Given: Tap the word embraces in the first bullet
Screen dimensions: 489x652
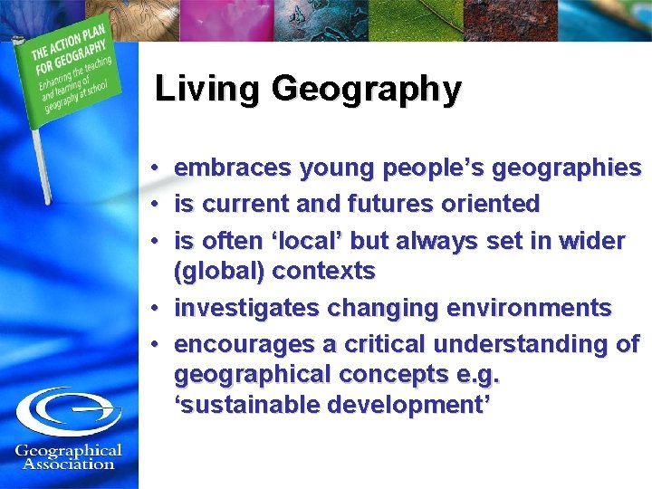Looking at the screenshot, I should pos(229,168).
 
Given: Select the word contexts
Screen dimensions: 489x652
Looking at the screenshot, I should pos(323,272).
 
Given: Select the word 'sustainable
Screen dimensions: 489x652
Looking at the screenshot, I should pos(247,405).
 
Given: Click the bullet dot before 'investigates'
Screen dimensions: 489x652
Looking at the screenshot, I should pos(157,309).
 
